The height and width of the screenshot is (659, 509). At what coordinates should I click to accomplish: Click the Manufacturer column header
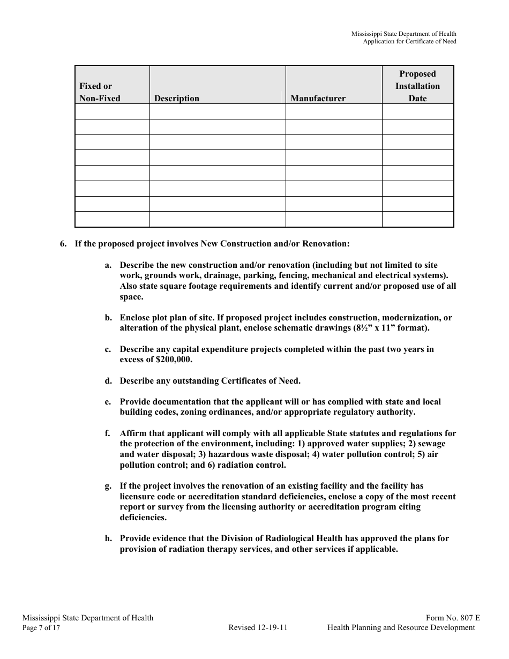coord(318,98)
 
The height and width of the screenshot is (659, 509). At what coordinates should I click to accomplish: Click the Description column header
coord(176,98)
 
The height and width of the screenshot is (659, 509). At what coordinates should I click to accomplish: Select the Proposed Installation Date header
coord(417,86)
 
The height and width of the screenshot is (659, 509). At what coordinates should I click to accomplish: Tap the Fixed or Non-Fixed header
coord(100,92)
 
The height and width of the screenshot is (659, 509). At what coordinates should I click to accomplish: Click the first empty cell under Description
coord(217,111)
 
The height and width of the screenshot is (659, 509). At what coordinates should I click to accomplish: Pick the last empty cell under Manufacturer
coord(333,220)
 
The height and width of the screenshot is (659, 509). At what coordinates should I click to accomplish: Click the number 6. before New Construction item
coord(63,244)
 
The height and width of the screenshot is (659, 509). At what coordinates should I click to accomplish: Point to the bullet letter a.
coord(108,265)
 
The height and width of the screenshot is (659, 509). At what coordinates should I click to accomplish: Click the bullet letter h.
coord(108,538)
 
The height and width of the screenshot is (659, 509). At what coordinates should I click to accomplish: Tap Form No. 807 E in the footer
coord(453,618)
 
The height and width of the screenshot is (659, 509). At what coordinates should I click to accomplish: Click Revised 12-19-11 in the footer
coord(258,628)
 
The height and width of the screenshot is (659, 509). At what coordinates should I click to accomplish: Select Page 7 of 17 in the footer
coord(41,628)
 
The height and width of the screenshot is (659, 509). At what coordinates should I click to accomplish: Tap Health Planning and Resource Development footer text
coord(401,628)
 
